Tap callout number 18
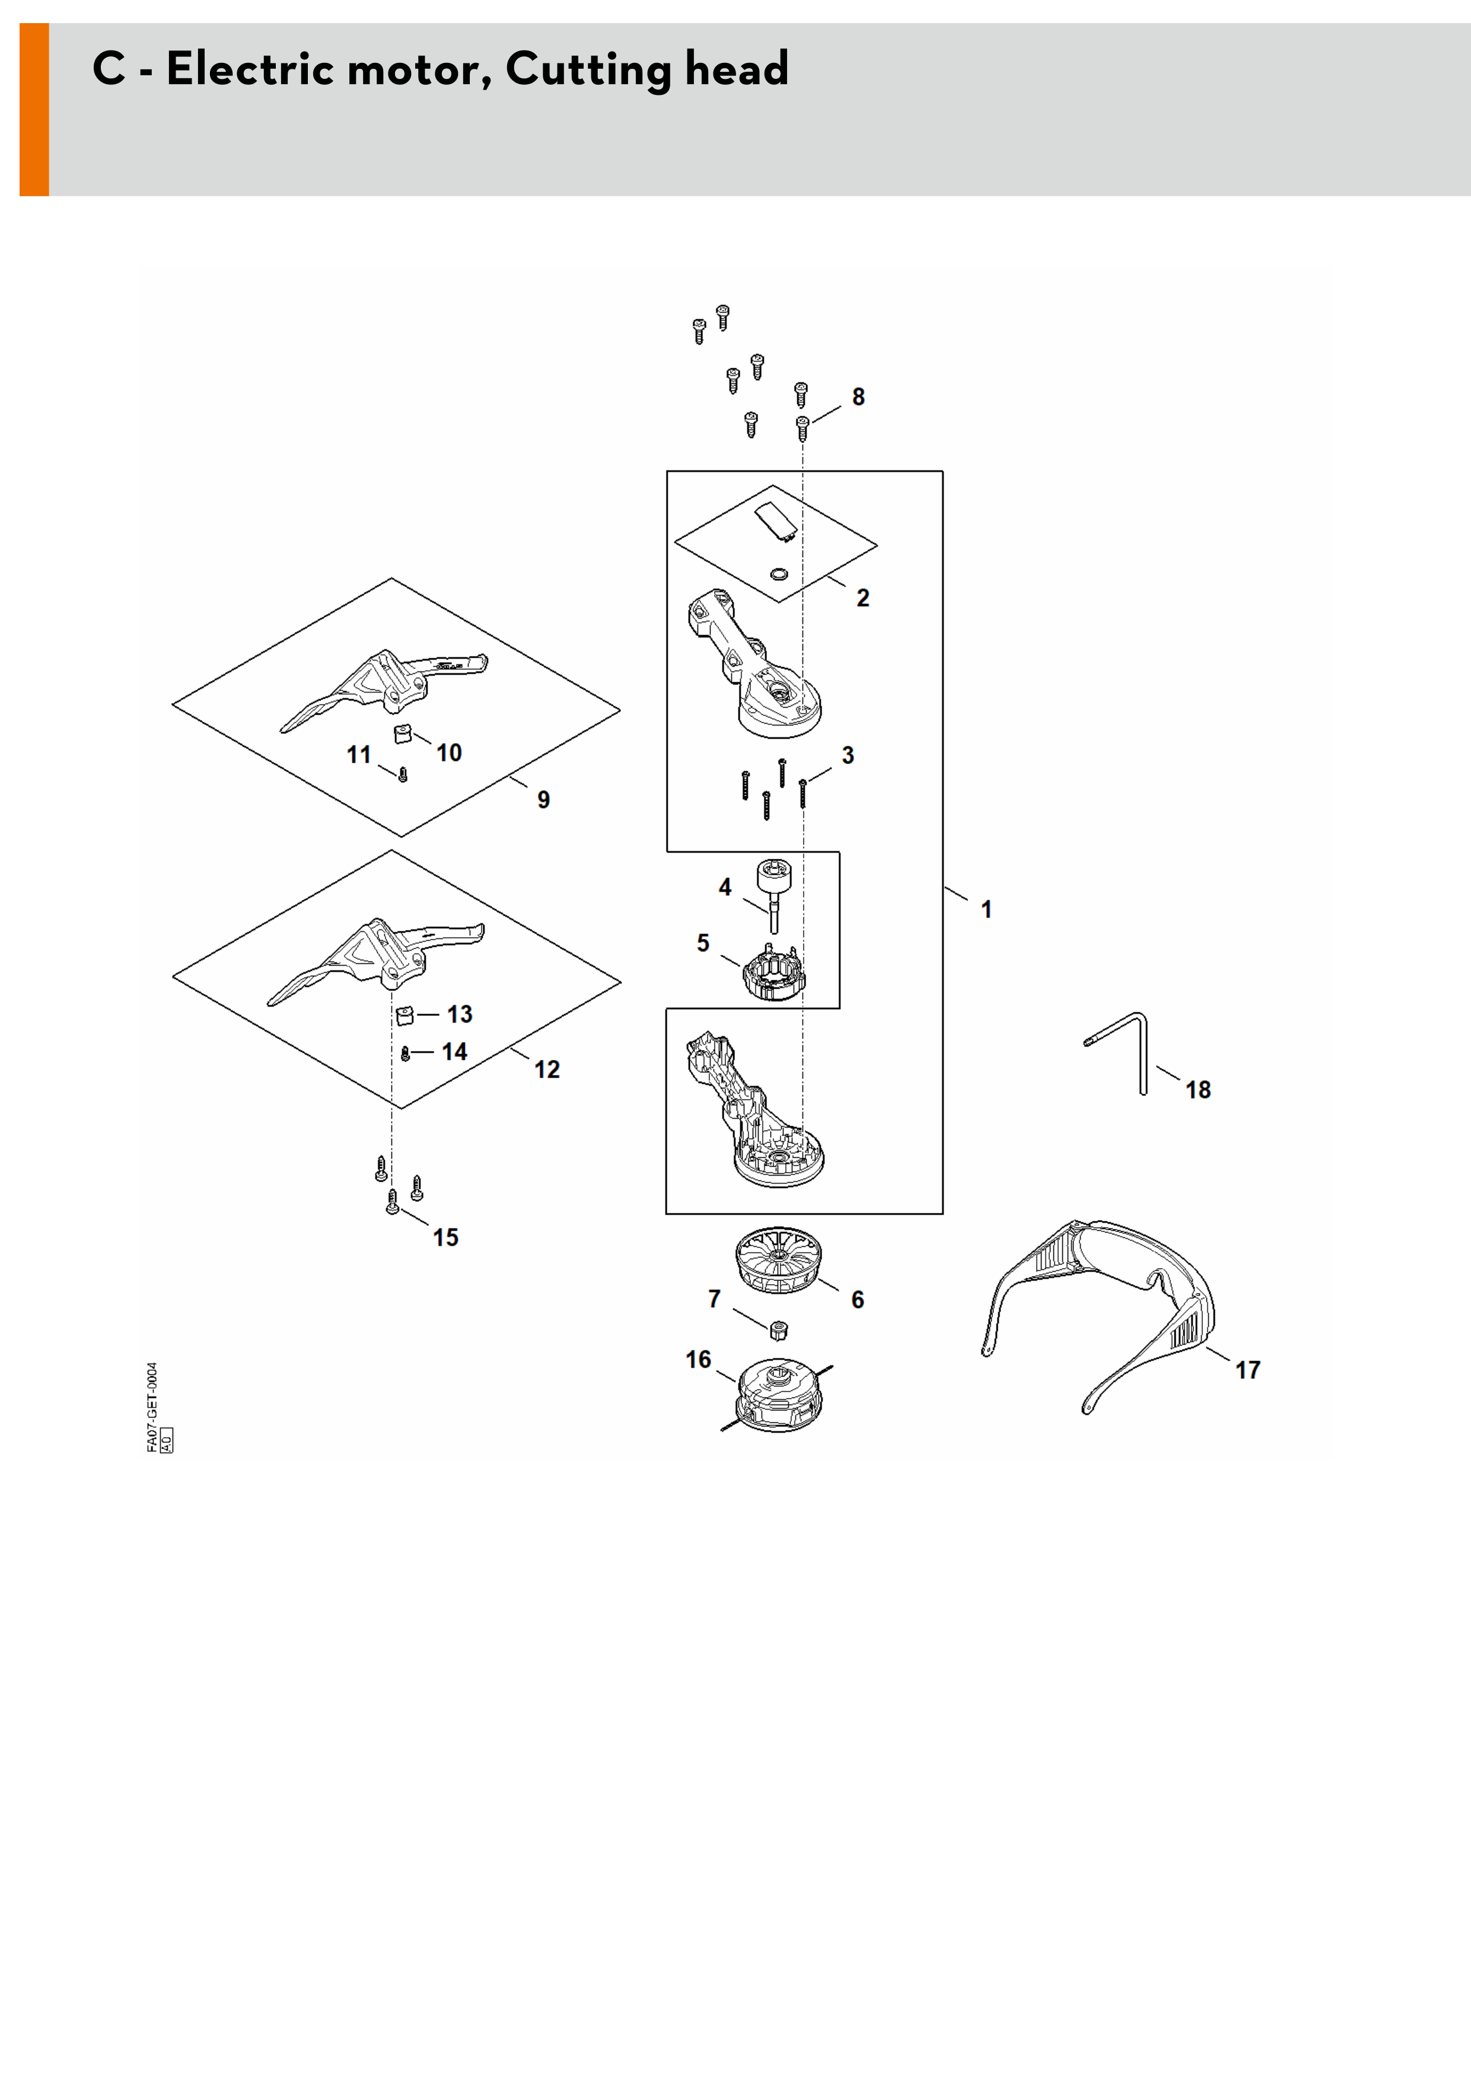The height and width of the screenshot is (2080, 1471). [1198, 1090]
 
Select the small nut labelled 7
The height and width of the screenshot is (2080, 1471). [777, 1330]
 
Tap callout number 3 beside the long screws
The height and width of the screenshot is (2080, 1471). [848, 756]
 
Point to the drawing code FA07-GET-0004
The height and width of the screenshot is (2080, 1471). [152, 1407]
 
